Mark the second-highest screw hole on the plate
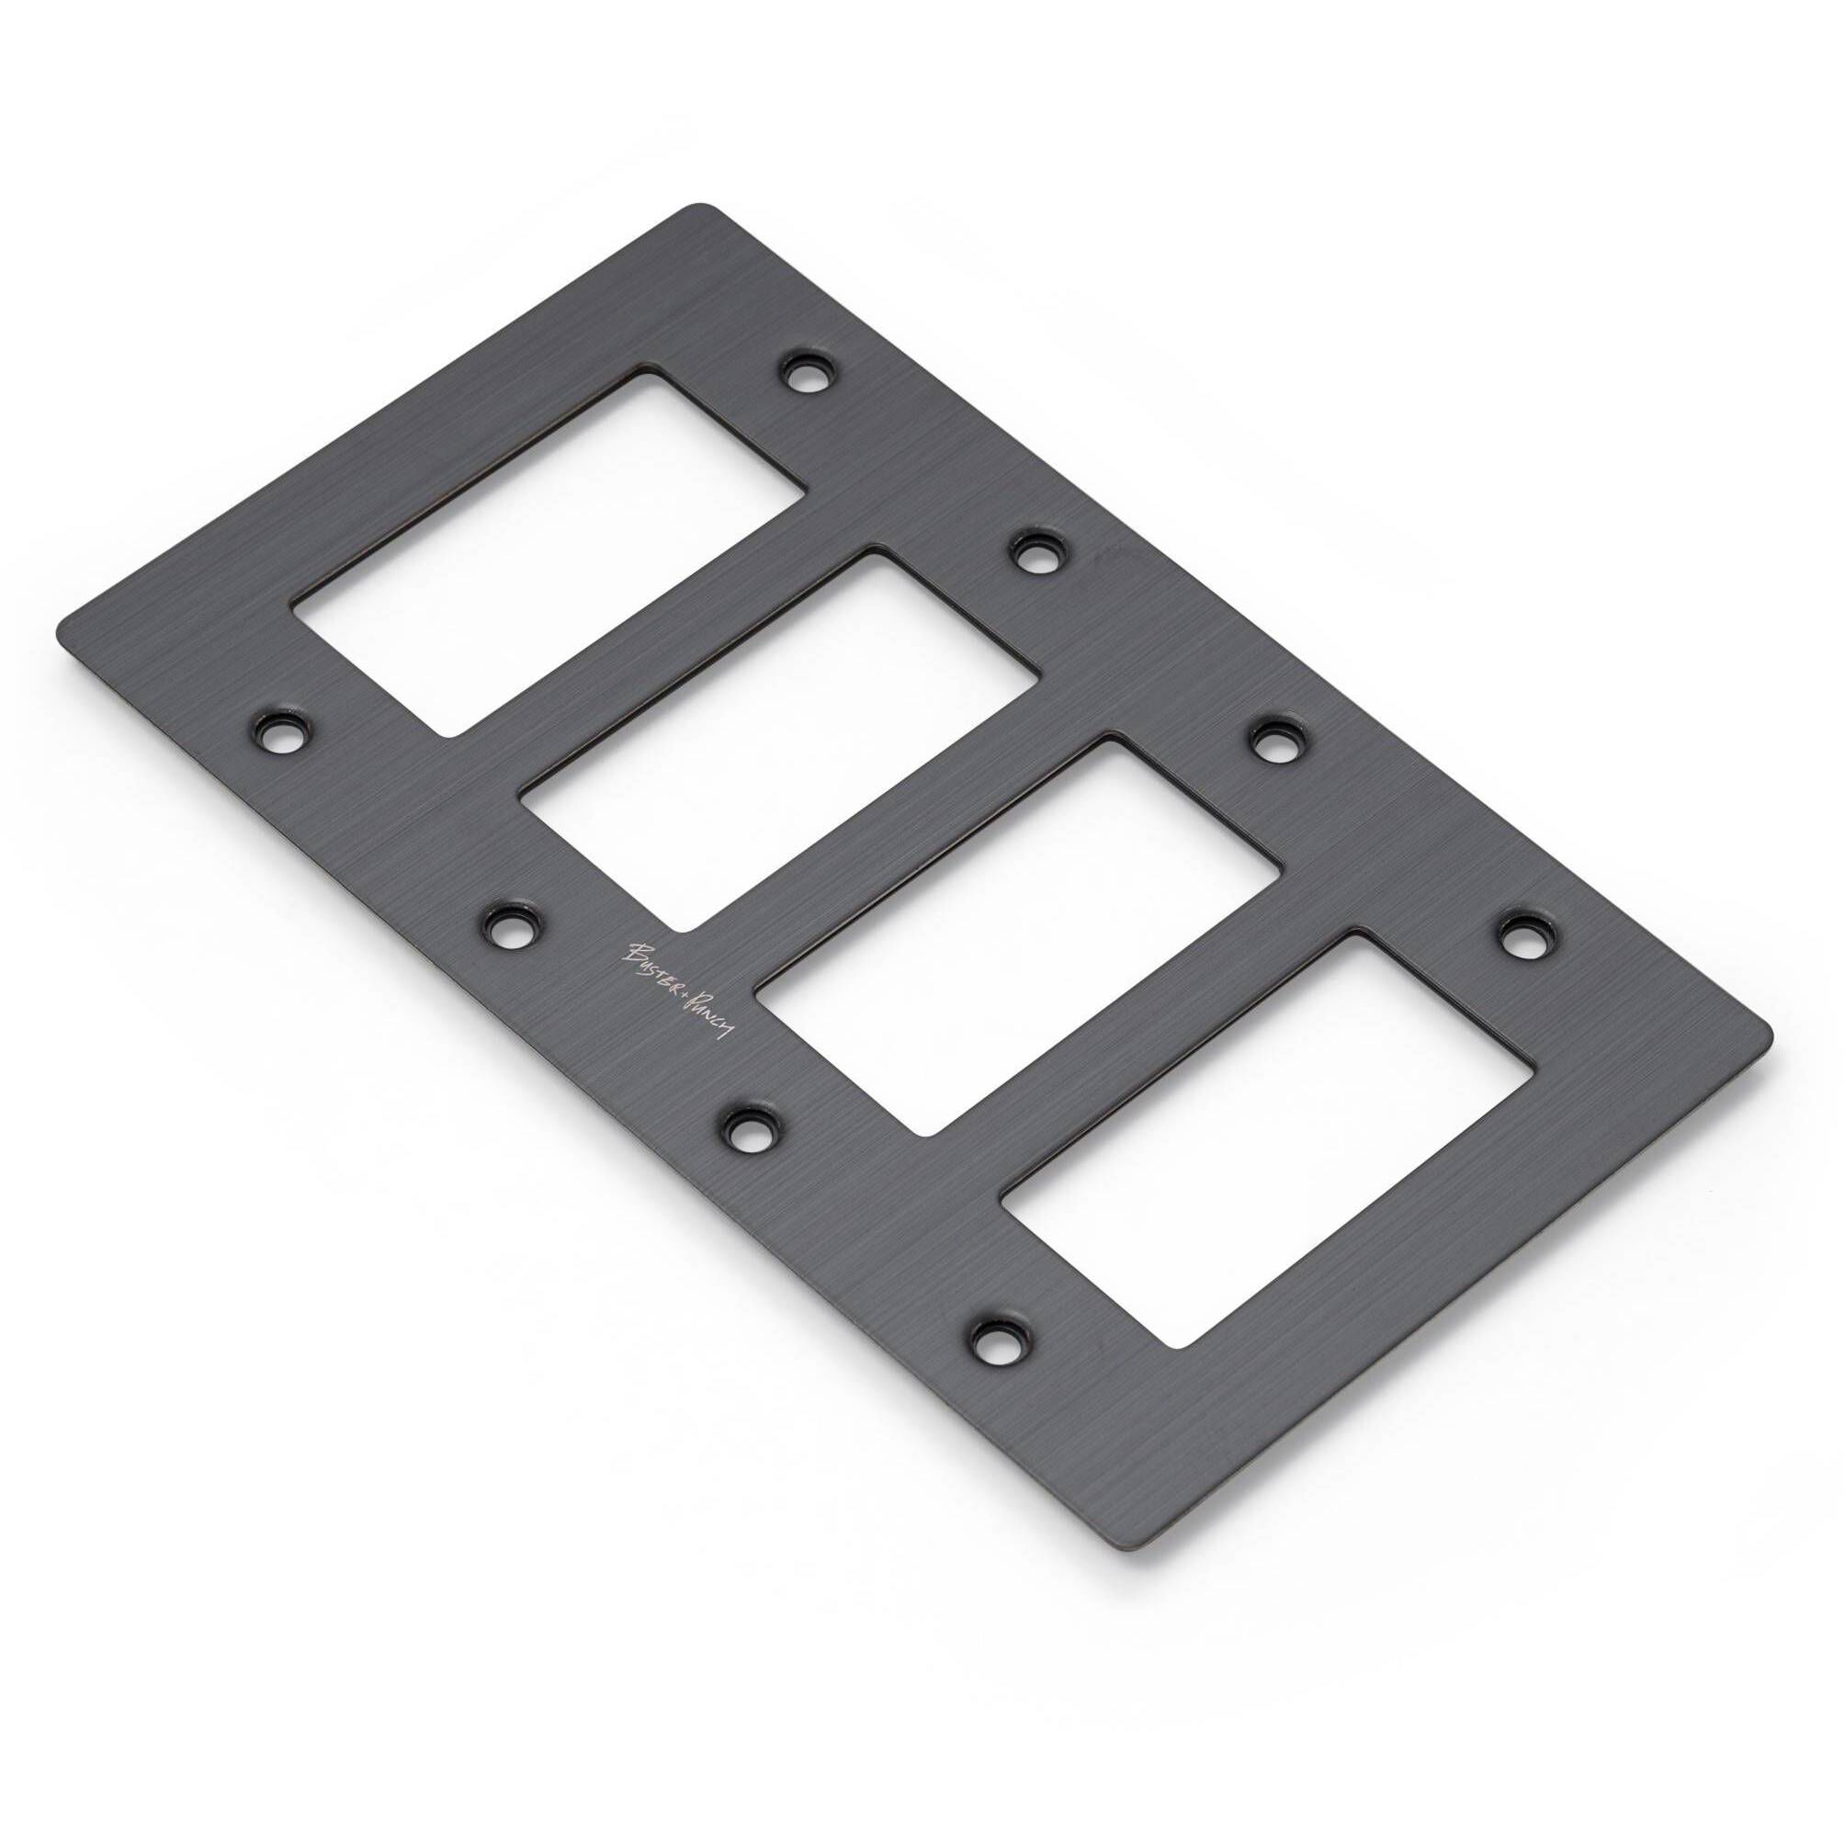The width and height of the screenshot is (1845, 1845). (1037, 552)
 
